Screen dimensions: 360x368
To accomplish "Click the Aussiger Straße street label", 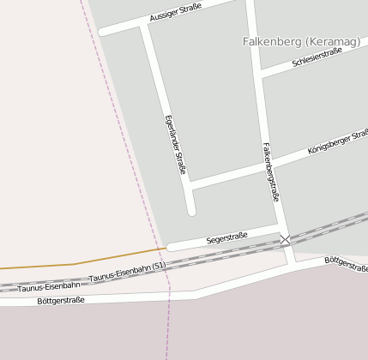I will click(x=175, y=11).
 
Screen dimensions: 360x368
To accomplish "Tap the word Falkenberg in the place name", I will click(x=269, y=40).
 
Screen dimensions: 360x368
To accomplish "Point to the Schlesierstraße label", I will click(x=317, y=57).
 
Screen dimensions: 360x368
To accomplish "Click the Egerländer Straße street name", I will click(x=174, y=144).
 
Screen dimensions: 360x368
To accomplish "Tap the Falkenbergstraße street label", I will click(x=271, y=171).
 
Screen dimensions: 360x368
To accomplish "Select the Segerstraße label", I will click(x=226, y=237).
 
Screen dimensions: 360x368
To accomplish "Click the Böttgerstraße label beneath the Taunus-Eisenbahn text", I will click(x=62, y=300).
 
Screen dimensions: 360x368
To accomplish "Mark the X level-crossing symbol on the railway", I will click(x=285, y=240).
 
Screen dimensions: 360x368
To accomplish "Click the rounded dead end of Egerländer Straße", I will click(x=191, y=210).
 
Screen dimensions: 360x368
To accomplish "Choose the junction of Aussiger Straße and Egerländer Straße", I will click(x=143, y=27).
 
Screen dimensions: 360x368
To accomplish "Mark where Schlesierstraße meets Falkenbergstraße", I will click(x=259, y=74).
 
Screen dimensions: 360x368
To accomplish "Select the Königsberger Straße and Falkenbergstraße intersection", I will click(x=268, y=168).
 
